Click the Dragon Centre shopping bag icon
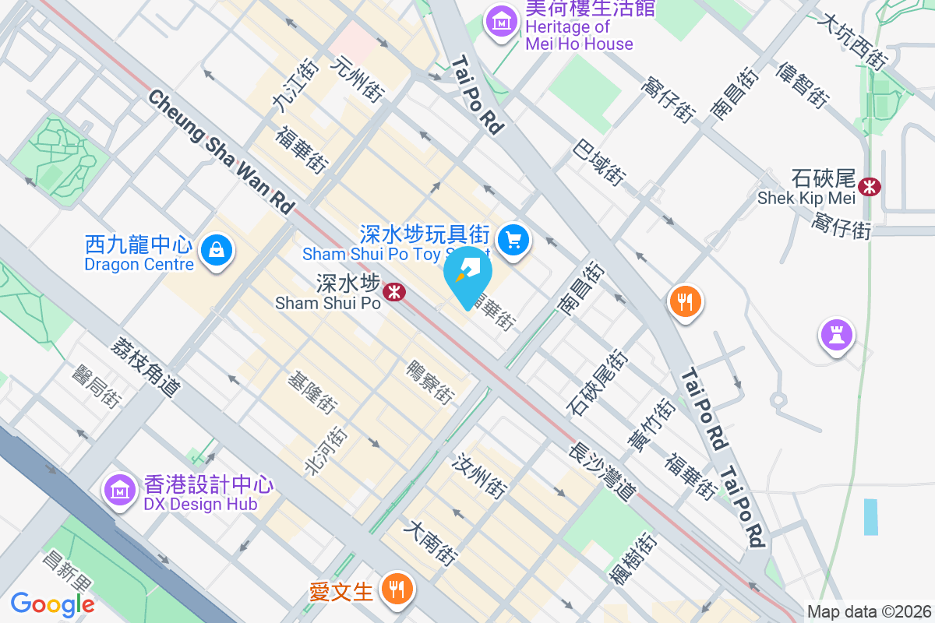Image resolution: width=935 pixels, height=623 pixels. (213, 251)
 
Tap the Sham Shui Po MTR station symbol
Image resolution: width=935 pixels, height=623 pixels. (396, 292)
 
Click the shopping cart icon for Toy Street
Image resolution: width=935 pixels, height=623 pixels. (513, 238)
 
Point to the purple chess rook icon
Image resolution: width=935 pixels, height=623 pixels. (836, 335)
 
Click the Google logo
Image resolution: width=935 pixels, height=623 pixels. (52, 604)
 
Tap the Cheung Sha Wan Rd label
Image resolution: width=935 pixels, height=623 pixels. (221, 152)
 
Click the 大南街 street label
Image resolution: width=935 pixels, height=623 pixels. (429, 544)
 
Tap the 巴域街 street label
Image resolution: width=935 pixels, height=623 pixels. (599, 163)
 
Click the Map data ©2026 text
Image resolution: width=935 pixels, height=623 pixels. (869, 612)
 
